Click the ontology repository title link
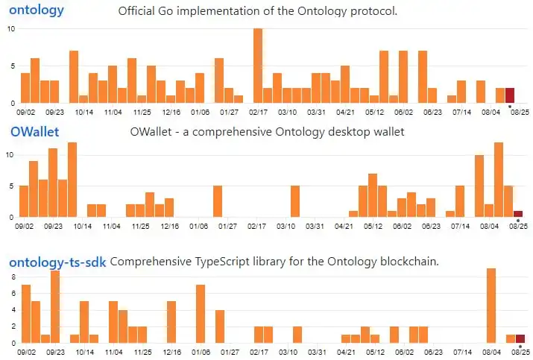pos(37,10)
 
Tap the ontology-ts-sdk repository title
pos(57,262)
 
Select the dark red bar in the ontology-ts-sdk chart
pos(520,339)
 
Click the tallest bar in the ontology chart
pos(258,66)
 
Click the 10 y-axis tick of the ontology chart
pos(10,28)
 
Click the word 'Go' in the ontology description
pos(206,11)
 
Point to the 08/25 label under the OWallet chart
pos(520,226)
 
